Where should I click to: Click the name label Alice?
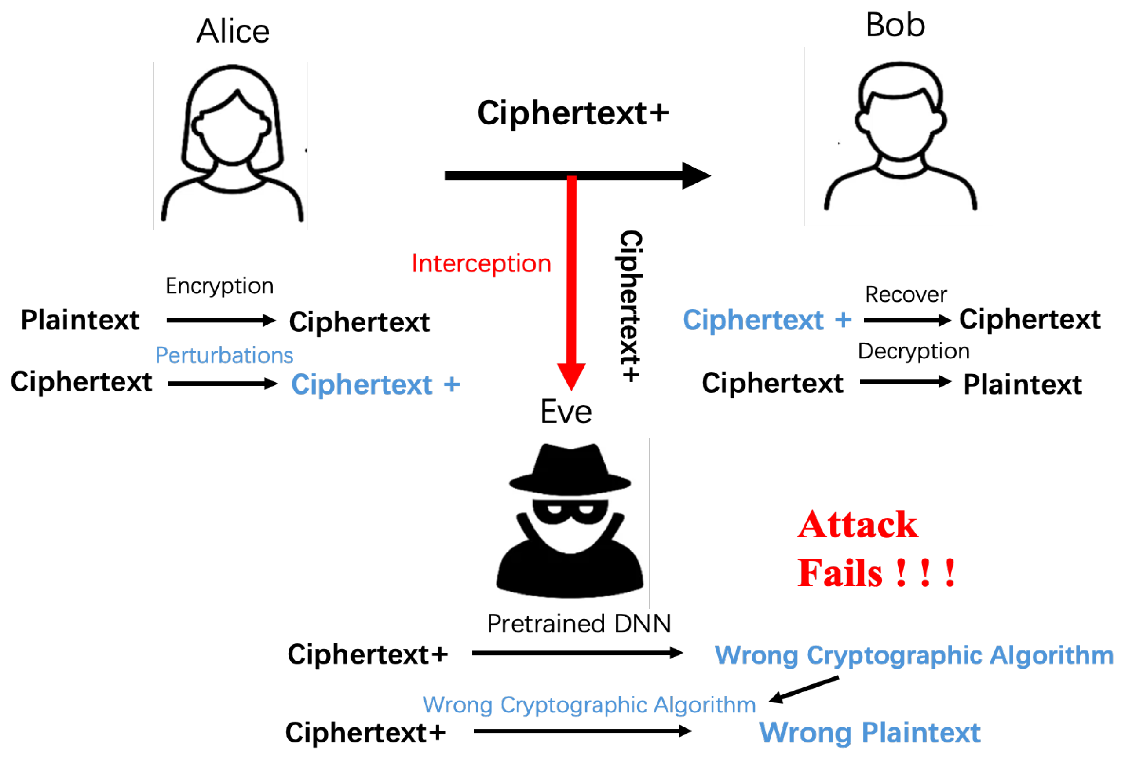pyautogui.click(x=233, y=32)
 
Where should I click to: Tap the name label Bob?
pyautogui.click(x=895, y=25)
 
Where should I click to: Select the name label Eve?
pyautogui.click(x=566, y=413)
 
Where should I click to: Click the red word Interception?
pyautogui.click(x=481, y=264)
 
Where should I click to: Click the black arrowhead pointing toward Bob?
pyautogui.click(x=695, y=176)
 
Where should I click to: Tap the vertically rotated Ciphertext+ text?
pyautogui.click(x=630, y=306)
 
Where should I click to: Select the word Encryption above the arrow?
pyautogui.click(x=219, y=286)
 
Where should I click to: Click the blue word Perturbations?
pyautogui.click(x=224, y=355)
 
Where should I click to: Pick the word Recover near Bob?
pyautogui.click(x=906, y=294)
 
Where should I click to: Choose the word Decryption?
pyautogui.click(x=913, y=351)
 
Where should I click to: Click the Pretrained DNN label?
pyautogui.click(x=579, y=624)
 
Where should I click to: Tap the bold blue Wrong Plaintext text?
pyautogui.click(x=869, y=732)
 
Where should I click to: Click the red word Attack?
pyautogui.click(x=857, y=525)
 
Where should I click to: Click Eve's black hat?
pyautogui.click(x=570, y=470)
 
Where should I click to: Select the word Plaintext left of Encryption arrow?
pyautogui.click(x=80, y=321)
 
